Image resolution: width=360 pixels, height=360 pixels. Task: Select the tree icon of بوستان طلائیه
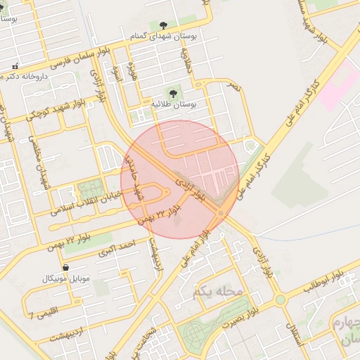coord(172,92)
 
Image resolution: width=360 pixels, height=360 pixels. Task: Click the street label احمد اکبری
coord(115,247)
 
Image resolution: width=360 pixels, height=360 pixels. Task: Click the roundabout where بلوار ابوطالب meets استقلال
coord(281,300)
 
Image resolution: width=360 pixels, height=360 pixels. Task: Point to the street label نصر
coord(234,87)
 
